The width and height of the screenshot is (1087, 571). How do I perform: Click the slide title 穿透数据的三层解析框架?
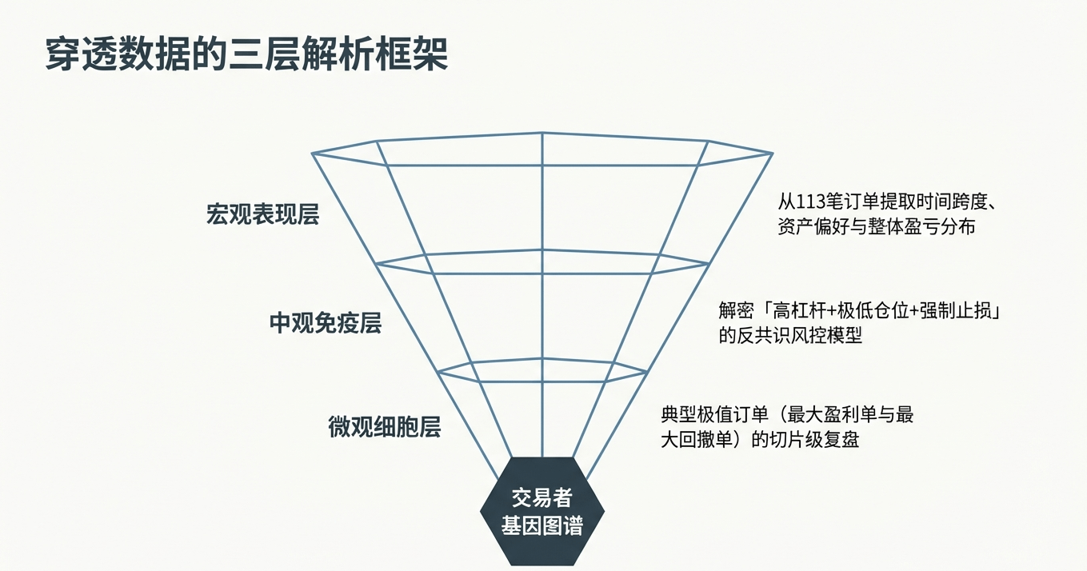pos(246,54)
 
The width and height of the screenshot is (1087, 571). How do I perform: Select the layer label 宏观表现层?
pos(262,215)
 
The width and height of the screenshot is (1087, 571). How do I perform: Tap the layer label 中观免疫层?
pos(325,323)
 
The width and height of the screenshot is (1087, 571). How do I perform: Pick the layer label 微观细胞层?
pos(384,426)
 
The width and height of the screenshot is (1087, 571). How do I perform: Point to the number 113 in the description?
pos(809,201)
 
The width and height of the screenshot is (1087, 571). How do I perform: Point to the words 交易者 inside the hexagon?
pos(542,497)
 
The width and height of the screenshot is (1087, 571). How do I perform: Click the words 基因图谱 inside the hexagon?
pos(542,525)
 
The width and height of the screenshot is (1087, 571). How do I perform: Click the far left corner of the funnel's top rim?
pos(313,153)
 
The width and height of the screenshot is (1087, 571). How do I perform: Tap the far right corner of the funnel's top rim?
pos(772,153)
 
